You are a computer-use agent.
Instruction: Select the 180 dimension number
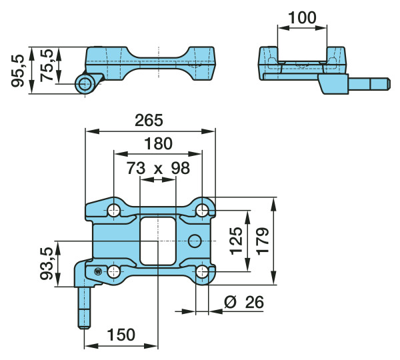pos(158,143)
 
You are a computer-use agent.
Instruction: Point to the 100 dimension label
pos(303,18)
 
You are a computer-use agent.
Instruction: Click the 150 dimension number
pos(121,335)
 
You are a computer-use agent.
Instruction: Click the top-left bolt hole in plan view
pos(114,210)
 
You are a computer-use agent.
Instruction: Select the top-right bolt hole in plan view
pos(203,210)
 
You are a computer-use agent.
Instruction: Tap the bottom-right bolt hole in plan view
pos(203,271)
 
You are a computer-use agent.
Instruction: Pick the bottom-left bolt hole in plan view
pos(114,271)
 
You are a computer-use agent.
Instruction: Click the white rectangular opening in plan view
pos(158,240)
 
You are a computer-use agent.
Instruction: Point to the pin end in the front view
pos(85,83)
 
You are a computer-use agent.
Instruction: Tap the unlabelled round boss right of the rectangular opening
pos(195,240)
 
